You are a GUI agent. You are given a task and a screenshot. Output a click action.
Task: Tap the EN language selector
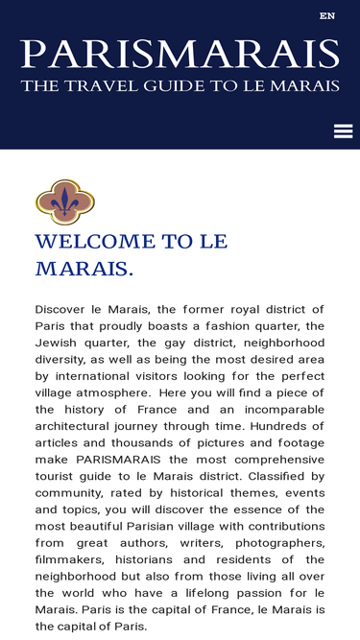[x=327, y=16]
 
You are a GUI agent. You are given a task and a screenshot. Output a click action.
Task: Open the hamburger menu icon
[x=343, y=131]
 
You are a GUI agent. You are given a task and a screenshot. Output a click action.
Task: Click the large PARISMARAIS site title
[x=180, y=55]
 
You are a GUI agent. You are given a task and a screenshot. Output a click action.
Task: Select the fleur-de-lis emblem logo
[x=64, y=201]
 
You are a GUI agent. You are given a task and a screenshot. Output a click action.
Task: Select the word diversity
[x=60, y=359]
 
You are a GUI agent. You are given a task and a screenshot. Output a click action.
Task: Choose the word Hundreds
[x=290, y=426]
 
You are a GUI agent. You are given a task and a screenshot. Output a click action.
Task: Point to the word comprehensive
[x=267, y=460]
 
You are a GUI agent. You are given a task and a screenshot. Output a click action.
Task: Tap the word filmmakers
[x=70, y=559]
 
